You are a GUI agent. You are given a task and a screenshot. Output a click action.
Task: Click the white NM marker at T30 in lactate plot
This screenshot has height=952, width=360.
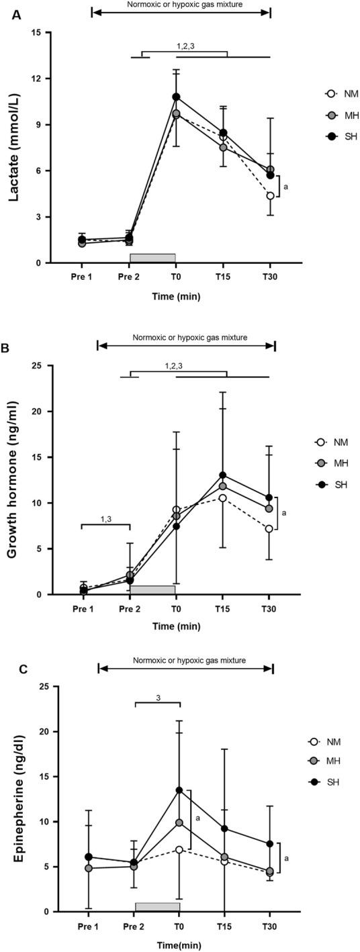(x=269, y=195)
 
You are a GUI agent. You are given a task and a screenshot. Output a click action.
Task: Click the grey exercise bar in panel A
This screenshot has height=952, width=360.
(x=152, y=258)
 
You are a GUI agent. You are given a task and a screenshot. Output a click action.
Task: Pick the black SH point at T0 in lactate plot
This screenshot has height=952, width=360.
(x=176, y=97)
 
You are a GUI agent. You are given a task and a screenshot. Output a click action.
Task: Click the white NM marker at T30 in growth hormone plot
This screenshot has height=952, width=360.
(x=269, y=528)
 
